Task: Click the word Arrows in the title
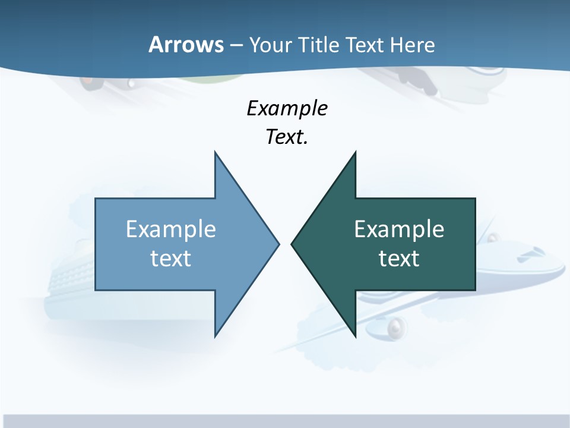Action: coord(186,45)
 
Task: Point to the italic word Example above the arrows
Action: coord(287,108)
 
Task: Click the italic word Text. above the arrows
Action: coord(287,137)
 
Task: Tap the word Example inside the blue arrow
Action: coord(171,229)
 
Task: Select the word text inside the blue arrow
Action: coord(171,258)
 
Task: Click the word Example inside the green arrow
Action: coord(399,229)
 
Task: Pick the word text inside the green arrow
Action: coord(399,258)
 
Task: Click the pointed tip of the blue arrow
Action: coord(278,244)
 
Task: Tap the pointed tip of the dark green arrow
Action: coord(292,244)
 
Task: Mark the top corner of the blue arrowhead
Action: coord(215,153)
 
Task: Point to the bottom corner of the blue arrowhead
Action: coord(215,336)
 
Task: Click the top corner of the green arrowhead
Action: coord(355,153)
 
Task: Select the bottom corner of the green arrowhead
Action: coord(355,336)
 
